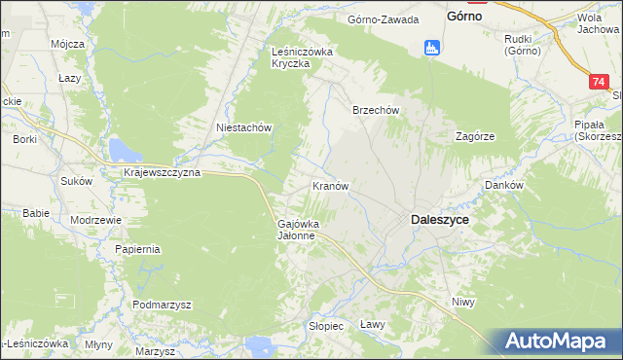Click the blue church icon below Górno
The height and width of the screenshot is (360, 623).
pyautogui.click(x=431, y=47)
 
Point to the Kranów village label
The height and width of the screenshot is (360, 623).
pyautogui.click(x=330, y=185)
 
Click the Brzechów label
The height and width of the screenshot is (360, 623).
pyautogui.click(x=376, y=111)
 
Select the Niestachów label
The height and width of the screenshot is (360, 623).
pyautogui.click(x=242, y=127)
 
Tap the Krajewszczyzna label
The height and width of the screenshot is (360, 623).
pyautogui.click(x=162, y=172)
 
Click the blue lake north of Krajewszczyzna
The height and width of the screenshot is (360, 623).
pyautogui.click(x=124, y=150)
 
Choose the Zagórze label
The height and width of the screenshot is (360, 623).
pyautogui.click(x=476, y=137)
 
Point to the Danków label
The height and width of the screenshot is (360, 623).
pyautogui.click(x=505, y=185)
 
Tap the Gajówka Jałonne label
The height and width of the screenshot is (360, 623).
pyautogui.click(x=295, y=229)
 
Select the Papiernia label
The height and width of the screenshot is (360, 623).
pyautogui.click(x=136, y=249)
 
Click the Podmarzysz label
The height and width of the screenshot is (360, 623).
pyautogui.click(x=163, y=305)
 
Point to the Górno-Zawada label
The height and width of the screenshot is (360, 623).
pyautogui.click(x=384, y=19)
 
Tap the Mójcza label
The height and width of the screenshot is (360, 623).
pyautogui.click(x=68, y=45)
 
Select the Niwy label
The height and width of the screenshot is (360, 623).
pyautogui.click(x=462, y=303)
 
